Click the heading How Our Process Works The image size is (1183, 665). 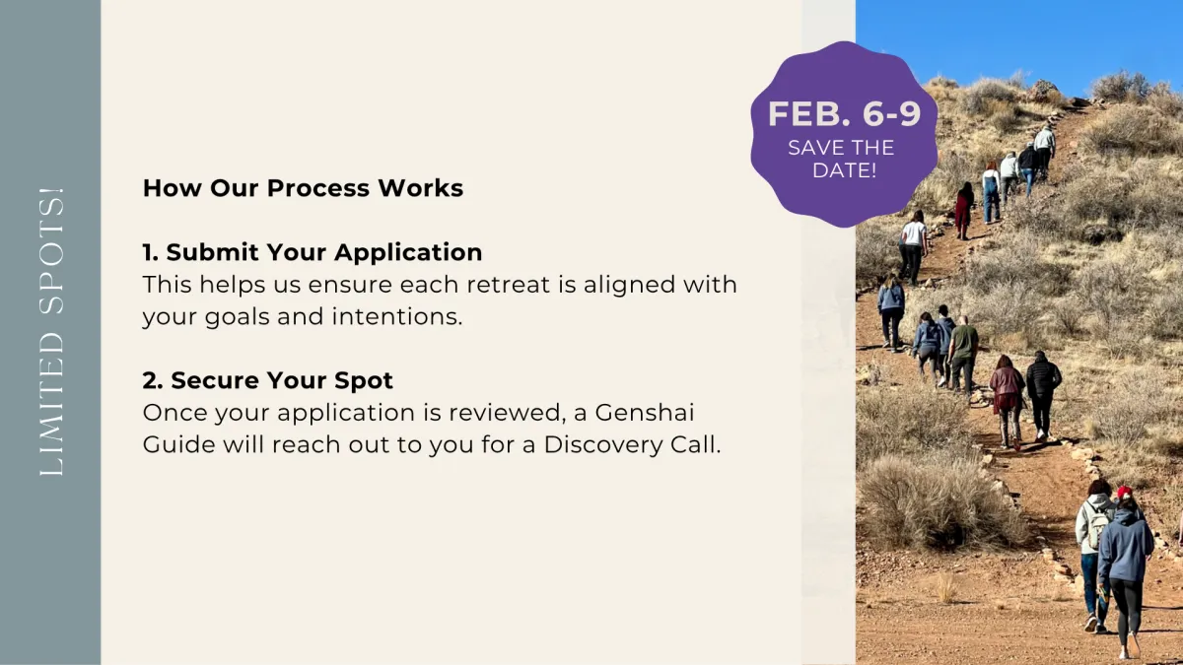coord(303,188)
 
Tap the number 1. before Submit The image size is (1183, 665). coord(151,252)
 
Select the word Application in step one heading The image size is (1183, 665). coord(408,253)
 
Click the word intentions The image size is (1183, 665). coord(397,316)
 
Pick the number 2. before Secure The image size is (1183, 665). coord(153,380)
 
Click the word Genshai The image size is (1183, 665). coord(645,412)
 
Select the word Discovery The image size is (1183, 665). coord(603,445)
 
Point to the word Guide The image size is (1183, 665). coord(179,444)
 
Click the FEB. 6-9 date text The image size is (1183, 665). coord(844,113)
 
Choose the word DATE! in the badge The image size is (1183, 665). coord(845,170)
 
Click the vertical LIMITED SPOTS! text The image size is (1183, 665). coord(51,331)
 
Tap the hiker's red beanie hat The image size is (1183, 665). coord(1125,493)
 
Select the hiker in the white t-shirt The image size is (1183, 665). coord(913,246)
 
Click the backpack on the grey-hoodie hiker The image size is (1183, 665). coord(1097,524)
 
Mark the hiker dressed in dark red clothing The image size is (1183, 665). coord(964,211)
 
